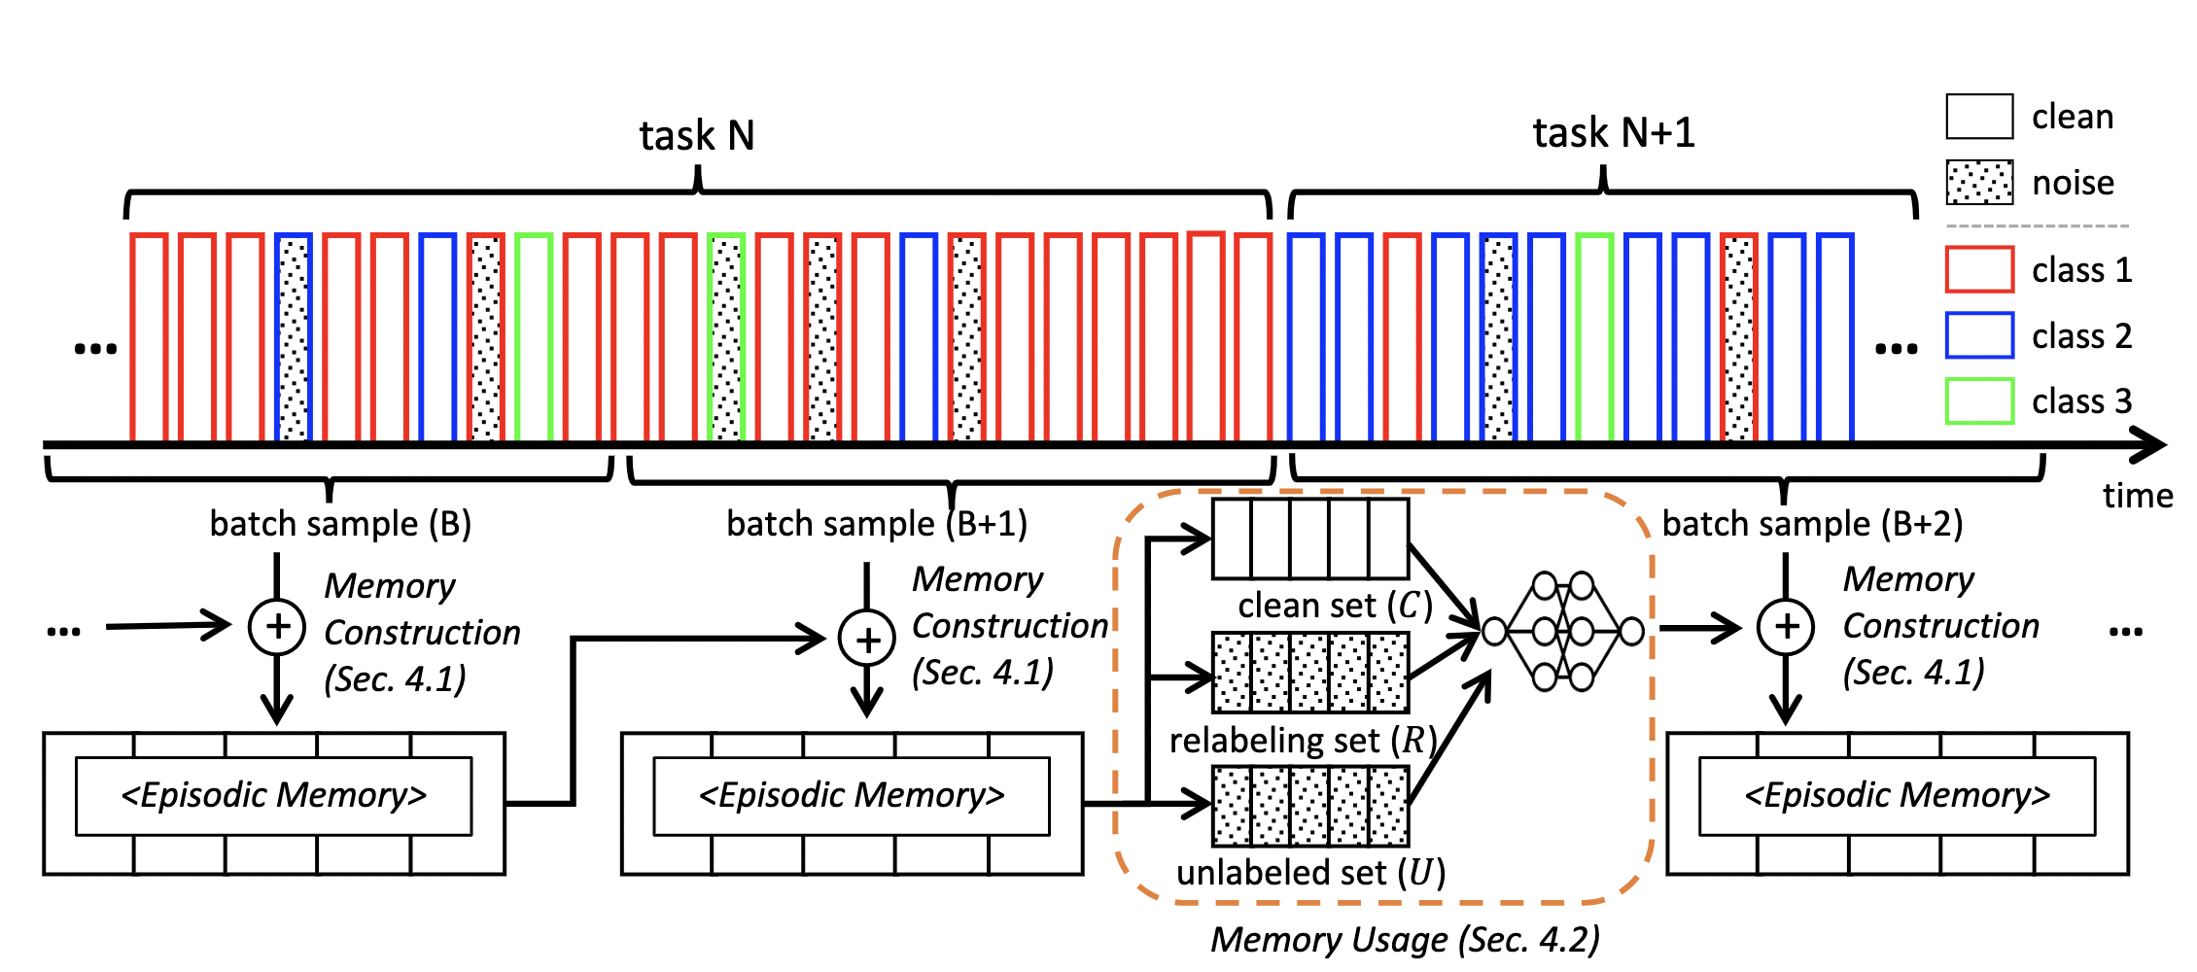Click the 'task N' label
697,136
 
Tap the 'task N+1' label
1614,133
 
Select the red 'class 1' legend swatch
1979,269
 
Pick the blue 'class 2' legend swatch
1979,335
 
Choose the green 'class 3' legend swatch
1979,400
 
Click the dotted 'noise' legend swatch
1979,183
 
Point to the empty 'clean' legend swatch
1979,117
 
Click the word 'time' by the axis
2138,496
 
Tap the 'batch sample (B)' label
341,524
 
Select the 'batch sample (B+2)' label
1813,524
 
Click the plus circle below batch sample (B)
277,626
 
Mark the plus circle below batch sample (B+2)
1786,626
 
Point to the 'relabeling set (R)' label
1304,741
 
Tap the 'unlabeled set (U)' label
1311,873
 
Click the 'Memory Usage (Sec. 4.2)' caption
1405,940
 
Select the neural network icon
1563,631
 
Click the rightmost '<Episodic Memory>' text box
1898,796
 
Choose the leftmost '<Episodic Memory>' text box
274,796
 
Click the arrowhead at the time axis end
2148,446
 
